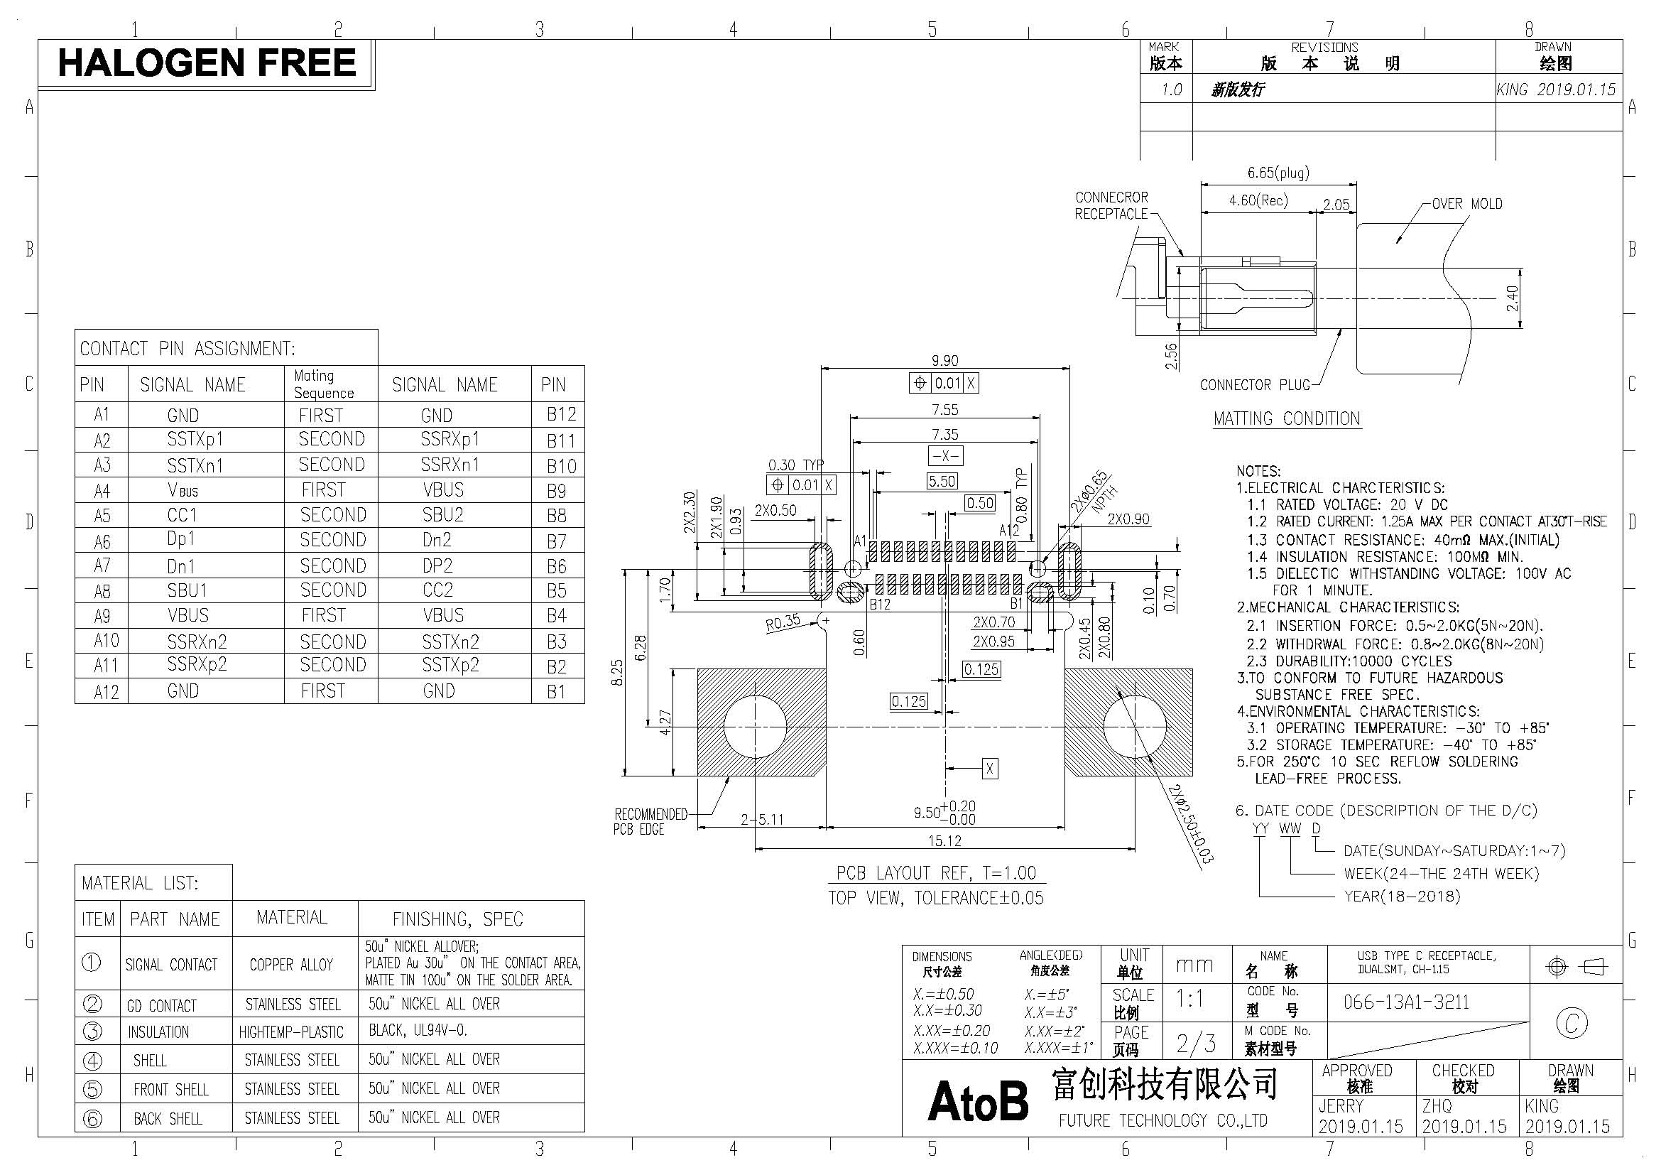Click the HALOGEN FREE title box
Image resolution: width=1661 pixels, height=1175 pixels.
click(x=206, y=63)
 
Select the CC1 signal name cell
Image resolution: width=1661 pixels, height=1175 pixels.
click(x=182, y=515)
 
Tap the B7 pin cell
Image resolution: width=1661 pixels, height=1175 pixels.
click(x=556, y=541)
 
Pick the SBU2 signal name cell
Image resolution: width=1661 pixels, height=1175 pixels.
click(x=442, y=515)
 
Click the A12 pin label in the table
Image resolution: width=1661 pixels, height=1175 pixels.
click(x=106, y=692)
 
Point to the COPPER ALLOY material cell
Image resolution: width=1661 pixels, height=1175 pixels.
click(x=291, y=965)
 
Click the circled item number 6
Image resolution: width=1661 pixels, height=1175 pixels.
click(x=93, y=1119)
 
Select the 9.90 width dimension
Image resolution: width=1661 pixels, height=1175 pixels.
click(x=944, y=360)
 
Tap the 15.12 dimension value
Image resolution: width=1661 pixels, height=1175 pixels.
click(x=944, y=840)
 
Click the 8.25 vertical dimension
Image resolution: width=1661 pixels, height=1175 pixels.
click(x=617, y=673)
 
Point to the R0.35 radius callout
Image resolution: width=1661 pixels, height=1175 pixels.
click(x=783, y=622)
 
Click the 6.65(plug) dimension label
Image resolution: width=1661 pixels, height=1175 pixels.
click(x=1278, y=173)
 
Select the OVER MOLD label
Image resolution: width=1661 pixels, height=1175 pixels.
click(x=1467, y=204)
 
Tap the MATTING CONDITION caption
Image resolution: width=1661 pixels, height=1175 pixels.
click(x=1287, y=419)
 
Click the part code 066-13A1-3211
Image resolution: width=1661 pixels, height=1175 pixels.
click(x=1406, y=1002)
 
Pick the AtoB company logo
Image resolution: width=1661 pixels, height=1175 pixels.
click(x=977, y=1100)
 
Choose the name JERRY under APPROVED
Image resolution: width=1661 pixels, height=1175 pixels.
click(x=1341, y=1106)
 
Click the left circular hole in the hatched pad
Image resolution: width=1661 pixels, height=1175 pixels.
click(x=755, y=726)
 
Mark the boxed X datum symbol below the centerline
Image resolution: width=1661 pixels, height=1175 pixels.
click(x=990, y=769)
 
